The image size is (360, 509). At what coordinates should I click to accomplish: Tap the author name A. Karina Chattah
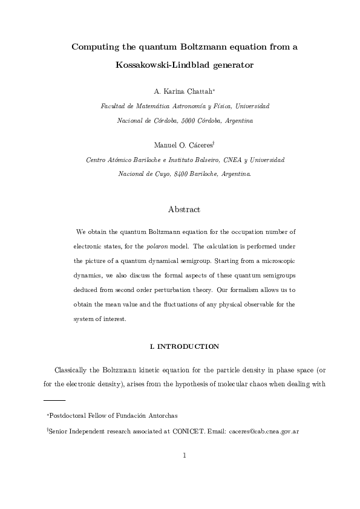click(x=180, y=92)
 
